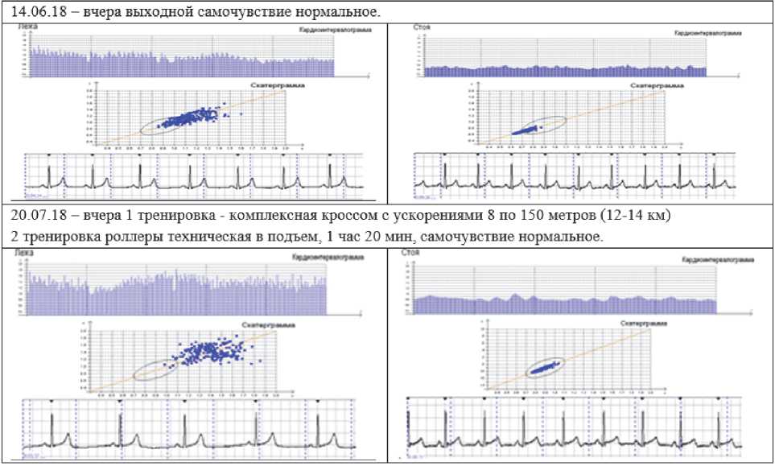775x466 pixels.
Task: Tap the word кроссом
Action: tap(295, 218)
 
